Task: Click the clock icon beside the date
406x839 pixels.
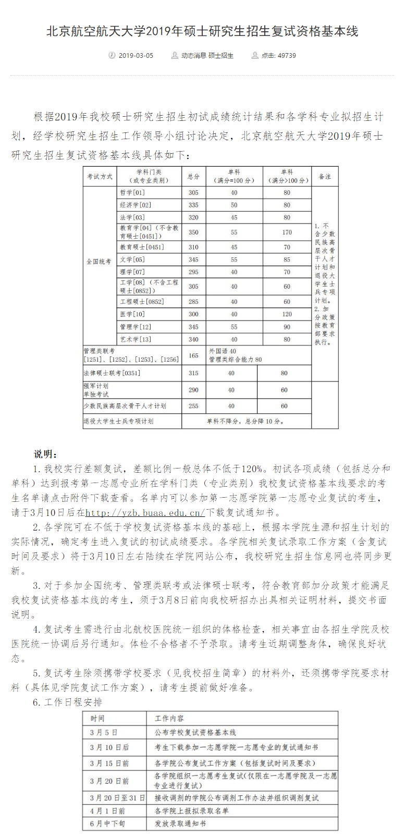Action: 112,55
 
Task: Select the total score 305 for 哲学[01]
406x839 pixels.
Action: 193,192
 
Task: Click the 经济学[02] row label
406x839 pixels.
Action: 136,205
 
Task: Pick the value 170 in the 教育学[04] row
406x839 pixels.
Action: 287,232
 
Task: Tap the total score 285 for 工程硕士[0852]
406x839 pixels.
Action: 193,301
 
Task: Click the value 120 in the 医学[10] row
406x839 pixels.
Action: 287,314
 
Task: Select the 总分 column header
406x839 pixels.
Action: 193,177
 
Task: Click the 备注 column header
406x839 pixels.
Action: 325,177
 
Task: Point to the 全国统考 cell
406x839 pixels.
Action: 99,261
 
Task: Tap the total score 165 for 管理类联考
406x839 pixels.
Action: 193,355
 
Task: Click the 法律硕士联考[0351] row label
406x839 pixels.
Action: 112,373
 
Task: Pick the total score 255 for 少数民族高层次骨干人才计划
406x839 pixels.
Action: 193,405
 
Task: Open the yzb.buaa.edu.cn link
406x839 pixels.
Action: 145,513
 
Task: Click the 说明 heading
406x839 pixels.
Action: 46,454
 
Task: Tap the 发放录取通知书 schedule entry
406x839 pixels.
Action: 180,823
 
